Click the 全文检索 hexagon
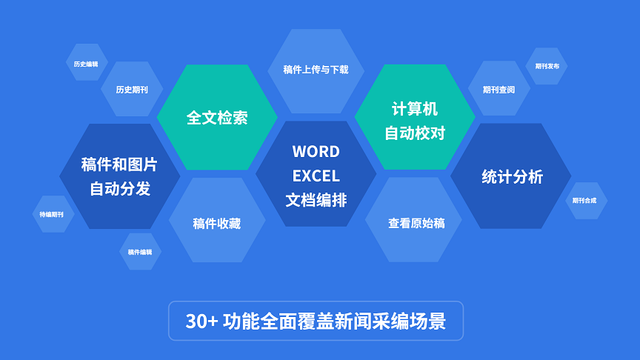(x=217, y=117)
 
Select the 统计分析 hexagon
(x=511, y=176)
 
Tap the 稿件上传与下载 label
(x=316, y=70)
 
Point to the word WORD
(x=316, y=151)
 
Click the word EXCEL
(x=316, y=176)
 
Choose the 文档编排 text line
(x=316, y=200)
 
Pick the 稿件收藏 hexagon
(x=217, y=220)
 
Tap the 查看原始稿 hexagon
(x=413, y=219)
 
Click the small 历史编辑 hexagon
(x=87, y=62)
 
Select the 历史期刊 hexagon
(x=132, y=89)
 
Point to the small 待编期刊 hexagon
(x=53, y=214)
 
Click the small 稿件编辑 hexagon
(x=141, y=251)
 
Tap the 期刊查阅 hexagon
(x=499, y=88)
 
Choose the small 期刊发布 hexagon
(x=546, y=66)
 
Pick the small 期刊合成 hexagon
(x=587, y=201)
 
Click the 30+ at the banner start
(x=202, y=321)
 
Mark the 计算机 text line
(x=415, y=109)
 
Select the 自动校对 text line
(x=415, y=133)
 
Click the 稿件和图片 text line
(x=119, y=164)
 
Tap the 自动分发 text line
(x=120, y=189)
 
